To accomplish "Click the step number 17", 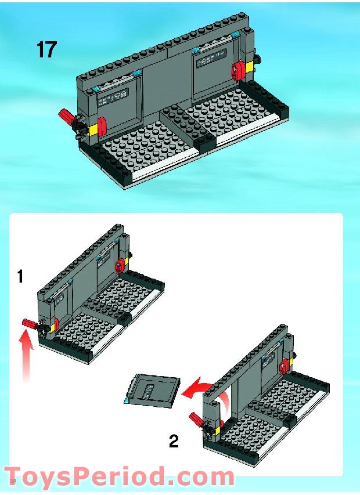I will [x=47, y=49].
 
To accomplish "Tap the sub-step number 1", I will [x=20, y=276].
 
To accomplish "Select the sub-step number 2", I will [x=174, y=442].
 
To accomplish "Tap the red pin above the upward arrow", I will [x=31, y=323].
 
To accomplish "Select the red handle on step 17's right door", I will [x=239, y=70].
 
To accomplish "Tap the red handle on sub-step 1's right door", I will [x=120, y=265].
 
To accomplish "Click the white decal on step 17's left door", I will [x=120, y=99].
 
